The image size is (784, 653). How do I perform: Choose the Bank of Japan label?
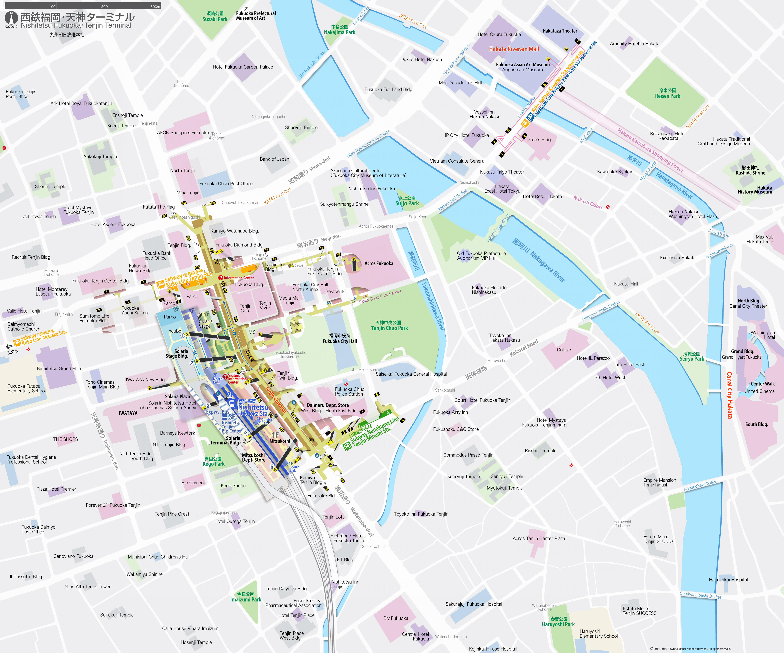coord(274,159)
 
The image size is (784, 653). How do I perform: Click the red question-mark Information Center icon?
coord(221,278)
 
